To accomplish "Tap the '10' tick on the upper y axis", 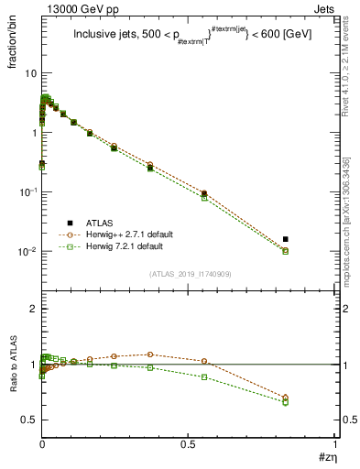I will [29, 73].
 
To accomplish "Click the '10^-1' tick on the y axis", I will [27, 192].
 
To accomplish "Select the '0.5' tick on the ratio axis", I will [29, 420].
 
